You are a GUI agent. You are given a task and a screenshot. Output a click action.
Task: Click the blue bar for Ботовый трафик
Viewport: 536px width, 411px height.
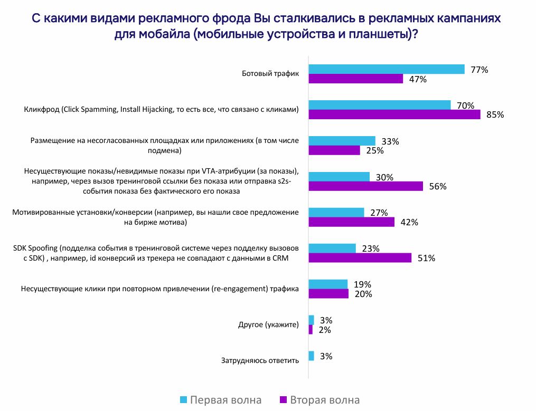[x=386, y=69]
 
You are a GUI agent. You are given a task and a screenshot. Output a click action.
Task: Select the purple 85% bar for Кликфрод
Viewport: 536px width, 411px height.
[x=394, y=114]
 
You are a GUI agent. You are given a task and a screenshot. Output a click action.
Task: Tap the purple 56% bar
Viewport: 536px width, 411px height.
[x=365, y=186]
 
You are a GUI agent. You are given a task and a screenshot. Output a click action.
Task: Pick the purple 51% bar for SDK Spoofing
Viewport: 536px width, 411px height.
[x=360, y=257]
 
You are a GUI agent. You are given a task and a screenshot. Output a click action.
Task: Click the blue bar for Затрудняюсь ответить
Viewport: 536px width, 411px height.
[x=311, y=356]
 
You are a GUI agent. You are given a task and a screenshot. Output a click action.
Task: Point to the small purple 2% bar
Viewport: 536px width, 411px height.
[x=311, y=329]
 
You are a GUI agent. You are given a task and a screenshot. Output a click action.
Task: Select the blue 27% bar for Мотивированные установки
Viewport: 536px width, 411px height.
[x=336, y=212]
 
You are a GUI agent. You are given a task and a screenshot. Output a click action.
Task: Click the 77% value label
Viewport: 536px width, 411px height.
[x=479, y=70]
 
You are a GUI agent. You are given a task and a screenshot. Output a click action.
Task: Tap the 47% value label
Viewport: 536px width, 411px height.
[x=418, y=79]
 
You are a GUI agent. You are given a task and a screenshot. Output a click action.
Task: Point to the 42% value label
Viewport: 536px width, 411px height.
[x=409, y=222]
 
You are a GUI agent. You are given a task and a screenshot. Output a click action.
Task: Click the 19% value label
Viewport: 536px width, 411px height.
[x=362, y=284]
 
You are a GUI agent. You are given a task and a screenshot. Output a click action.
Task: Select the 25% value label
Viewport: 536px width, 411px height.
[x=374, y=151]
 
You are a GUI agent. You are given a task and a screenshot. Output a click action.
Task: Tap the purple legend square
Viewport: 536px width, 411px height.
[x=282, y=399]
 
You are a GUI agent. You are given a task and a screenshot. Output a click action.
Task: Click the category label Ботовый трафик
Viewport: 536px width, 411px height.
[x=271, y=74]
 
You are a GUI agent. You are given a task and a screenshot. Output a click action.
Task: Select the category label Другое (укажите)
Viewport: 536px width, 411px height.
[x=268, y=324]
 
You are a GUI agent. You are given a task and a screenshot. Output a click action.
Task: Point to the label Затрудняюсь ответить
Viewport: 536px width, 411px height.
[x=260, y=361]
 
